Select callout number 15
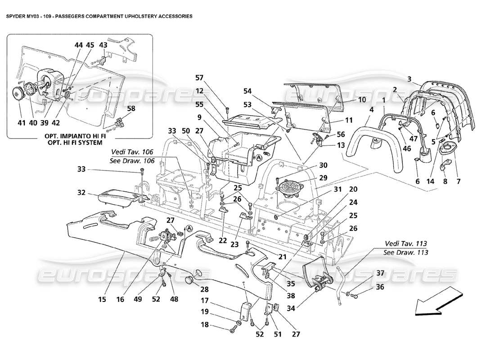tap(103, 299)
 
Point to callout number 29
tap(323, 178)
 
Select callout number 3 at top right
tap(409, 80)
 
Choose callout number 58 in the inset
tap(118, 108)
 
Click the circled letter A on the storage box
tap(260, 158)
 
